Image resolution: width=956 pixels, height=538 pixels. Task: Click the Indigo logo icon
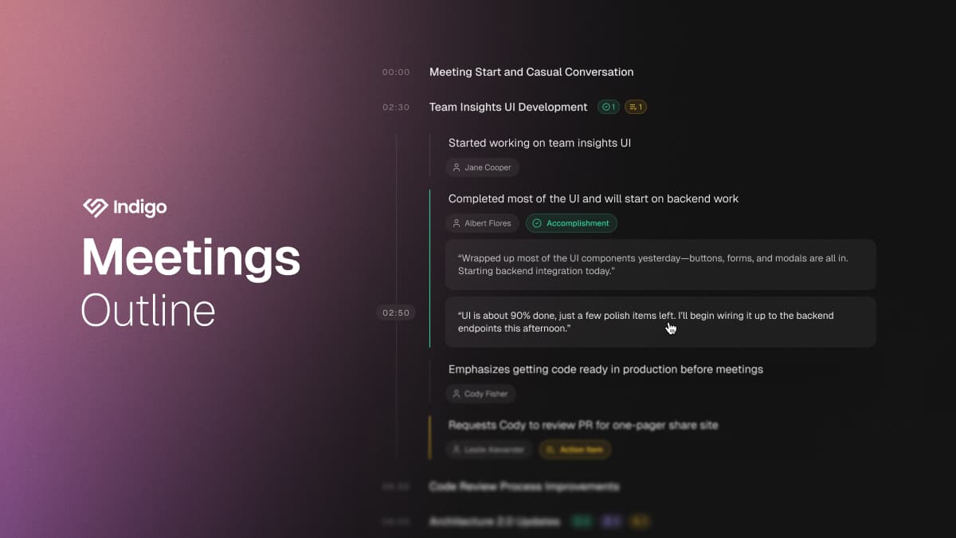pos(95,207)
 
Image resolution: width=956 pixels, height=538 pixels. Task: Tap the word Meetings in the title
pos(191,257)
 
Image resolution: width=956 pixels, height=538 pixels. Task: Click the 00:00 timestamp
pos(396,73)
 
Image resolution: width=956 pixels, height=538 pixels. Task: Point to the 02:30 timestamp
pos(396,108)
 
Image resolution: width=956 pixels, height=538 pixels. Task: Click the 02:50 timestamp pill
pos(396,313)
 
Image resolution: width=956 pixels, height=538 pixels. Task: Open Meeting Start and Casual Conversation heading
pos(531,72)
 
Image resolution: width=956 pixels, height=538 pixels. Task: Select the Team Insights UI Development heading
pos(508,107)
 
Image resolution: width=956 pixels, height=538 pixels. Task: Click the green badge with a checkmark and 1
pos(609,107)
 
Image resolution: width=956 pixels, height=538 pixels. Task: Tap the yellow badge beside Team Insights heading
pos(635,107)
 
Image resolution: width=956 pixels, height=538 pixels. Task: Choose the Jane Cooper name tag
pos(483,167)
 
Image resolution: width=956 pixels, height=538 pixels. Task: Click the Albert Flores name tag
pos(483,223)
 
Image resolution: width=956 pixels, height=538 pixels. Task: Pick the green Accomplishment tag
pos(571,223)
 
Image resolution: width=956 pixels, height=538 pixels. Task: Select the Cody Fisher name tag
pos(481,394)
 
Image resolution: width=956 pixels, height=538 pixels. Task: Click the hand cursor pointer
pos(671,327)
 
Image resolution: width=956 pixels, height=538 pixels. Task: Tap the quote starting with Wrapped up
pos(660,265)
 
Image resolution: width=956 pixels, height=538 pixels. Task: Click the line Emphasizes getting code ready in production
pos(605,369)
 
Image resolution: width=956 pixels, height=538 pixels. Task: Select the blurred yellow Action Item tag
pos(575,450)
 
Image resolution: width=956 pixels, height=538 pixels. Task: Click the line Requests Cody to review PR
pos(582,425)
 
